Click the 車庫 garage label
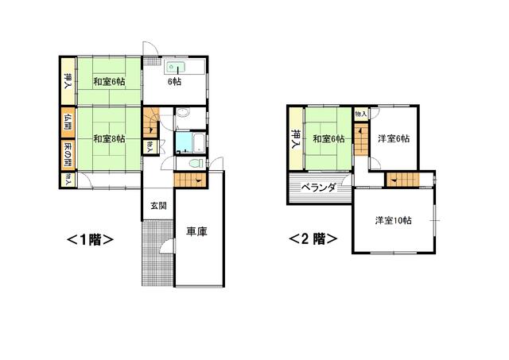point(196,231)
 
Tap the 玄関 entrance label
point(158,206)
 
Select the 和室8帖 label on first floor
point(109,139)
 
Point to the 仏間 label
point(68,122)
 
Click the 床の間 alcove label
point(68,155)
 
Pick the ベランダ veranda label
point(318,188)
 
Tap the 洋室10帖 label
point(394,221)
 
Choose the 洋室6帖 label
point(394,139)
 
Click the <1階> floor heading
point(90,240)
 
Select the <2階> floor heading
point(313,239)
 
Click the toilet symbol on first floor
point(196,163)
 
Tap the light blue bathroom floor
point(184,142)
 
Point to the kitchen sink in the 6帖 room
point(177,67)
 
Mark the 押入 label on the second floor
point(296,139)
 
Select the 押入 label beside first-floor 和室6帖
point(68,81)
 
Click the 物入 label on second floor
point(361,114)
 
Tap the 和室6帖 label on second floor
point(328,139)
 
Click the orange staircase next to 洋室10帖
point(402,179)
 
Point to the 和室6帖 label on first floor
point(109,81)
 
